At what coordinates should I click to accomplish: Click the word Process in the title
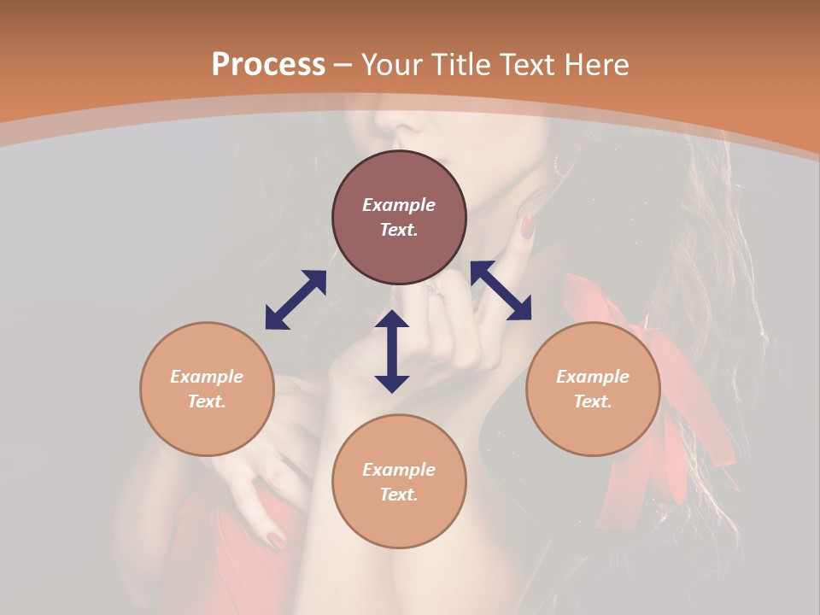click(268, 65)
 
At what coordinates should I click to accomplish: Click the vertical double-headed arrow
click(392, 351)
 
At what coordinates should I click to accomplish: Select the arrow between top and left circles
click(296, 300)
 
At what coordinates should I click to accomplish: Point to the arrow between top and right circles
click(501, 290)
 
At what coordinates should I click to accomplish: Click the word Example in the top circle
click(399, 205)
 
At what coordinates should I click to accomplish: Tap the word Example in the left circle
click(207, 377)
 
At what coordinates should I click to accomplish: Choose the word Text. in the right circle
click(593, 401)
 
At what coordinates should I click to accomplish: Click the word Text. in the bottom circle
click(399, 495)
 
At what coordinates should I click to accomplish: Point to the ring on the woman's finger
click(436, 291)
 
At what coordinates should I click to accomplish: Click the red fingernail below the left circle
click(276, 540)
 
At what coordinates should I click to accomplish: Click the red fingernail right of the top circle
click(527, 226)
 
